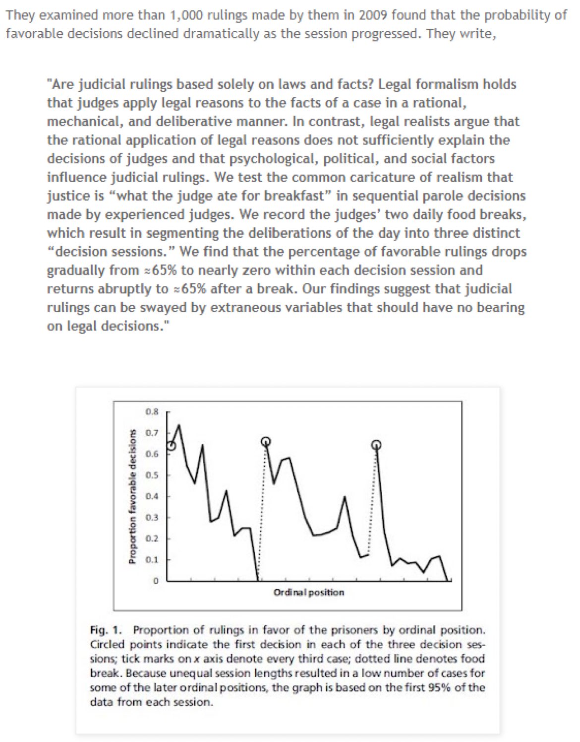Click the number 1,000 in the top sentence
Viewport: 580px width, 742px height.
(x=186, y=15)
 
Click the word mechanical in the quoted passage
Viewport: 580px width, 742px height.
(x=81, y=122)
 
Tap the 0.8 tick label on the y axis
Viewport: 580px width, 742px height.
(x=152, y=411)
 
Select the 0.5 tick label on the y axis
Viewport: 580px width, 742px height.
(x=152, y=475)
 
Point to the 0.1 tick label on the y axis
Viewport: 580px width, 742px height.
(x=152, y=559)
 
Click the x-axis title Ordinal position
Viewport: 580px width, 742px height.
(x=308, y=592)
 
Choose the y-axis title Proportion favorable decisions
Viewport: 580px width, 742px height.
(x=132, y=496)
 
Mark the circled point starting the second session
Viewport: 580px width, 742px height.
(x=266, y=441)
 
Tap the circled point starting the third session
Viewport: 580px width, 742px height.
(x=377, y=444)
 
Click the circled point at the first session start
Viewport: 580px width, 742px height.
(x=171, y=446)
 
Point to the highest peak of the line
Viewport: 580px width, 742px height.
(x=178, y=425)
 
